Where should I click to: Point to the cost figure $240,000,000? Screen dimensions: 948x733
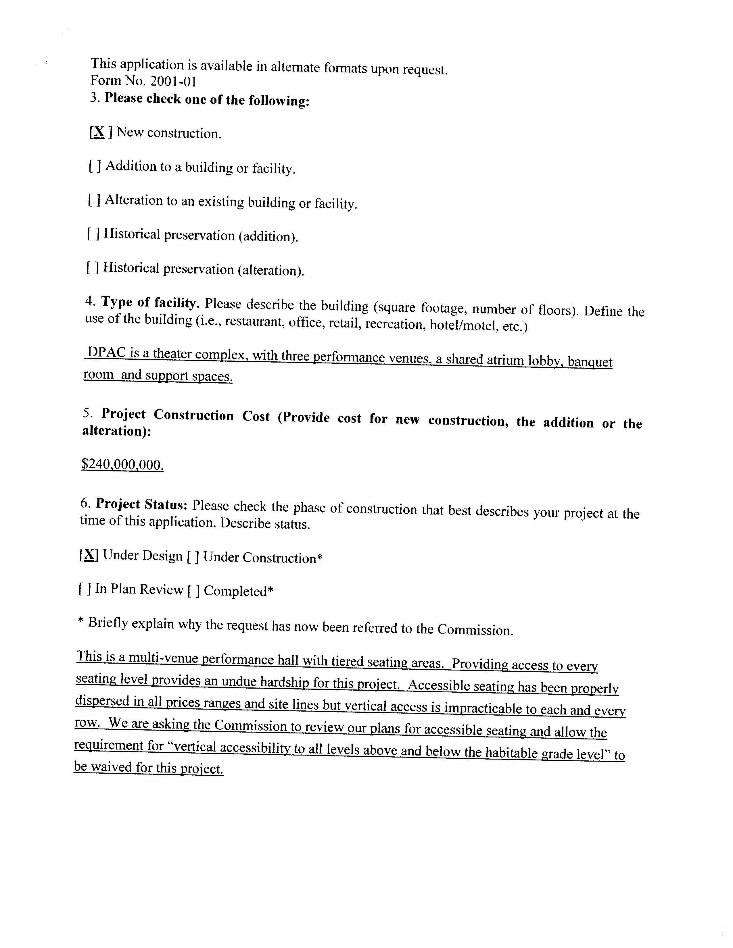[122, 465]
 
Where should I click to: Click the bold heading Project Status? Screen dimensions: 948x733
[141, 504]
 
